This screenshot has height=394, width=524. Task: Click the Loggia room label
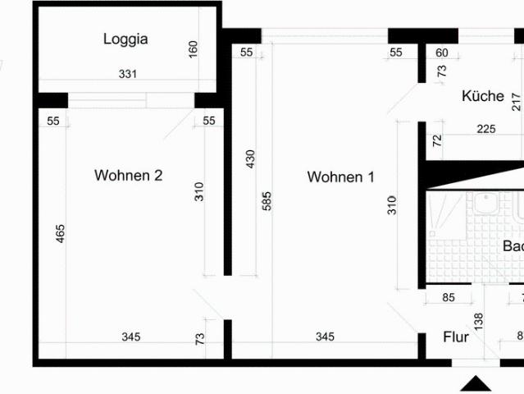(x=125, y=39)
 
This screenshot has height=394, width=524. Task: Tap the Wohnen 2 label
(x=128, y=176)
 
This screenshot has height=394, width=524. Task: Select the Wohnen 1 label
(x=340, y=176)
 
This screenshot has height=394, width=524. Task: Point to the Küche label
(x=482, y=96)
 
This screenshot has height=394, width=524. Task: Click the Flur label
(x=456, y=337)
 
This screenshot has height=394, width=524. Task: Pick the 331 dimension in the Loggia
(x=127, y=74)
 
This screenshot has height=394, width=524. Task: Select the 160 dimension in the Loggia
(x=194, y=48)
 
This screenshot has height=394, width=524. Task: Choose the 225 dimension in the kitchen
(x=485, y=128)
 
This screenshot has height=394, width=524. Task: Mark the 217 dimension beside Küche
(x=516, y=101)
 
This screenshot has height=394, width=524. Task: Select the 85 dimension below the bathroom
(x=448, y=298)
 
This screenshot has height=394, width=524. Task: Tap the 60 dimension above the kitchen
(x=443, y=53)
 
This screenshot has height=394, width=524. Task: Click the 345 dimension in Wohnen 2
(x=131, y=337)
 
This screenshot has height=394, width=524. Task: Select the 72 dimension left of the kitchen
(x=436, y=140)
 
